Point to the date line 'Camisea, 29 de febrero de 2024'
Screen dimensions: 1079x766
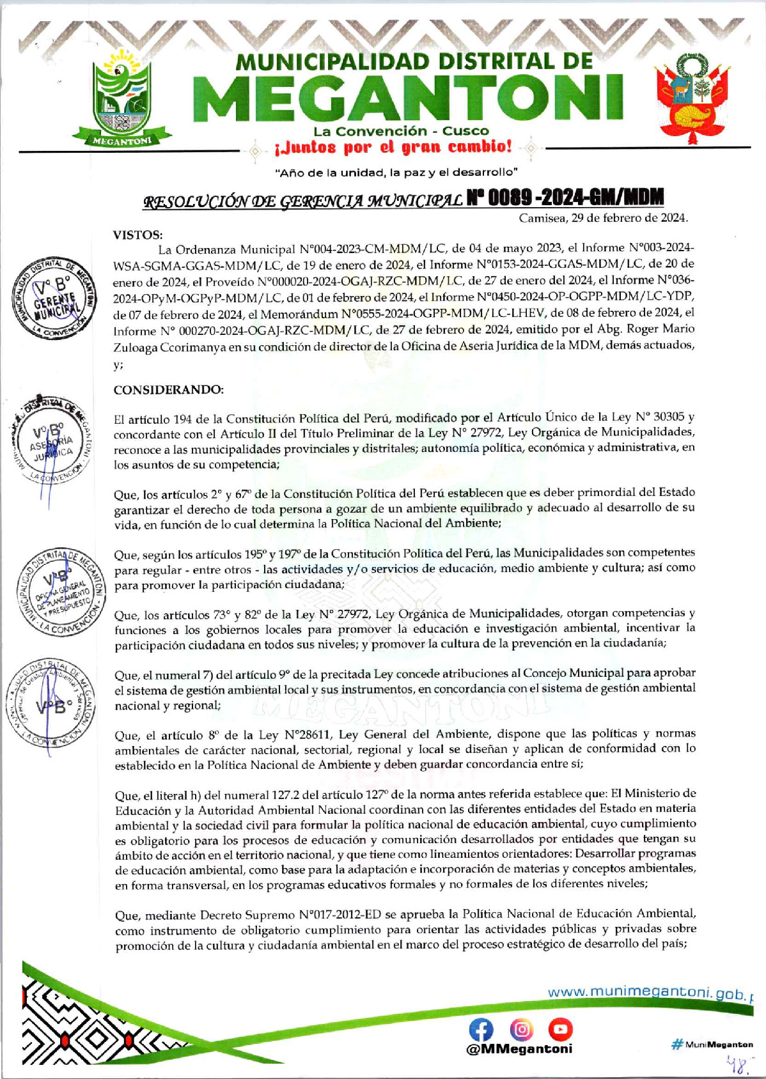603,218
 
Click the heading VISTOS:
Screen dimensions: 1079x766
137,235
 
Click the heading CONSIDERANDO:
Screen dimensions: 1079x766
168,389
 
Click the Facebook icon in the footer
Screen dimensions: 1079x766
481,1029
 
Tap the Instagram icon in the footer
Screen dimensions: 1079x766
521,1029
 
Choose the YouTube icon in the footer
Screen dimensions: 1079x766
560,1029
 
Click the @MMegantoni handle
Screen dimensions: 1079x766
520,1049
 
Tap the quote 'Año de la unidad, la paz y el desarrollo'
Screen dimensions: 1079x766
396,173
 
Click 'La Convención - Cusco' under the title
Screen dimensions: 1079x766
401,131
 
